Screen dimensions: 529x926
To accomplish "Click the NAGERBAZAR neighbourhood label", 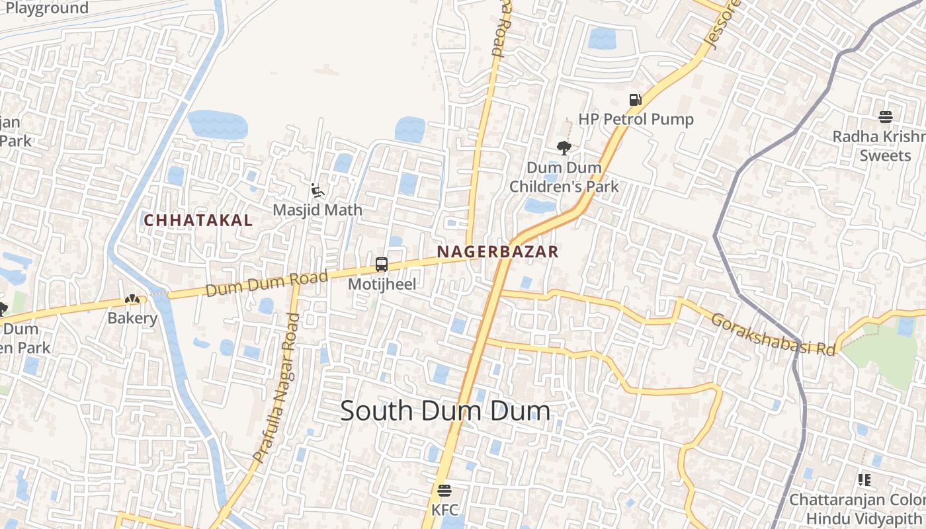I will point(497,252).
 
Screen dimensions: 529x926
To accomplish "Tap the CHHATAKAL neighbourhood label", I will point(198,221).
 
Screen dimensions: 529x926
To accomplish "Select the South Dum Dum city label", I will point(445,411).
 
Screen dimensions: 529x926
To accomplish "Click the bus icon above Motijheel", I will point(382,264).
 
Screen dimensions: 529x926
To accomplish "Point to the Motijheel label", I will point(382,284).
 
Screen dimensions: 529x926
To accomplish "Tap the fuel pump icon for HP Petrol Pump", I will point(635,100).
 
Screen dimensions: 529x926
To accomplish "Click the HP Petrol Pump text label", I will point(636,120).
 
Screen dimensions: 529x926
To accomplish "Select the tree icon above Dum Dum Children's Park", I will point(564,148).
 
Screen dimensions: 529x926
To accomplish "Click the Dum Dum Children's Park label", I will point(564,177).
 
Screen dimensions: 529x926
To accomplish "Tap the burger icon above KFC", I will point(444,491).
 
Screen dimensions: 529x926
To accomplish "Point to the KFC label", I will point(444,510).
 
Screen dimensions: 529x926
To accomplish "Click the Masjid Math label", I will point(318,210).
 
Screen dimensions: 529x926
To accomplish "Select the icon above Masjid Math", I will point(317,191).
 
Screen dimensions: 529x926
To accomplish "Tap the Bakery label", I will point(133,319).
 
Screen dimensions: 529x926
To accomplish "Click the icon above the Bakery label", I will point(133,300).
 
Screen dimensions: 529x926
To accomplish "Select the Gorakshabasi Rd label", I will point(773,335).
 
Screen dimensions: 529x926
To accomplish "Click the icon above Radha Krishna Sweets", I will point(886,117).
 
